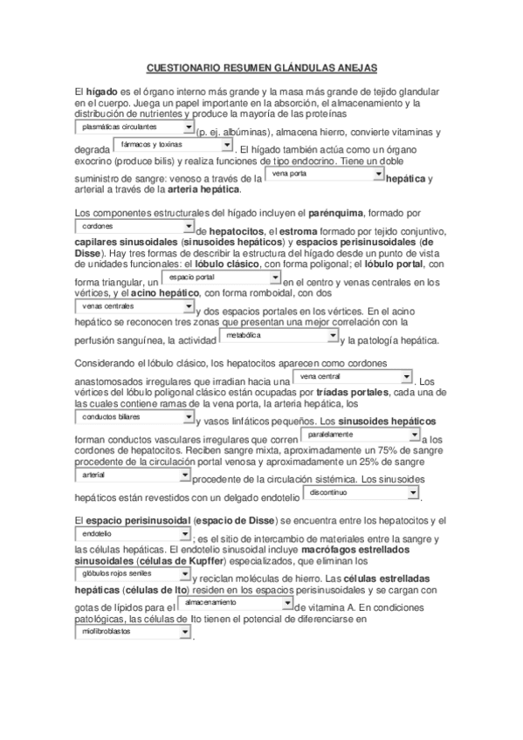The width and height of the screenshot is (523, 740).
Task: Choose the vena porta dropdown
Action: click(324, 174)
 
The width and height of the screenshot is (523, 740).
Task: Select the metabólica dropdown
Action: click(279, 335)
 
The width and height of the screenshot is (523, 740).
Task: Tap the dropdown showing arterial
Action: click(130, 475)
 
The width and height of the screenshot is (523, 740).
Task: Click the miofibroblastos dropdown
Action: click(130, 631)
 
